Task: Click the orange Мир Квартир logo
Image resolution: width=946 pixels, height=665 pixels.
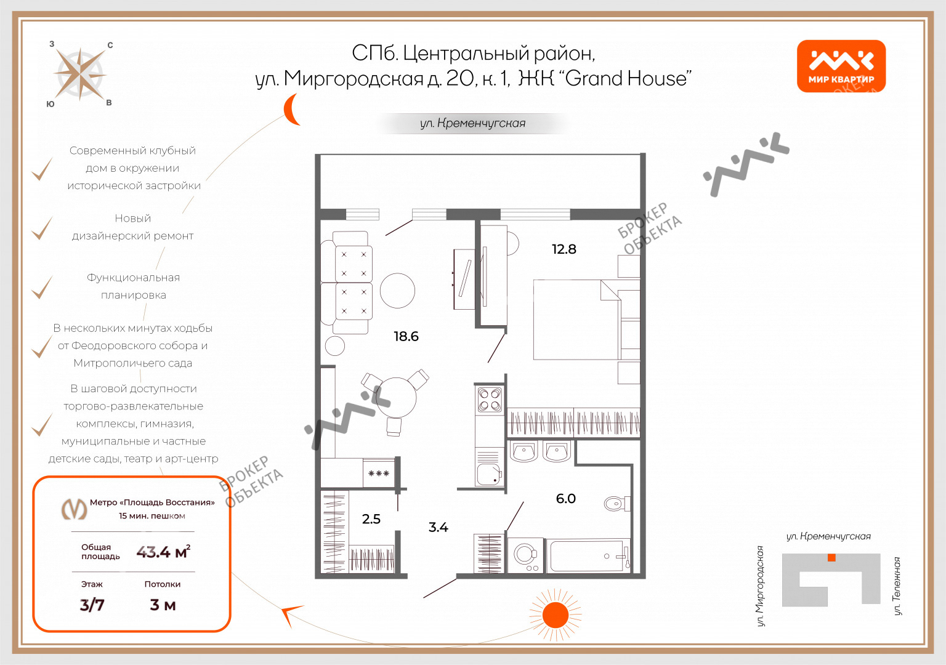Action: (x=841, y=66)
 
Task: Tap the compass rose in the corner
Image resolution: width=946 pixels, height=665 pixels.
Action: (x=80, y=75)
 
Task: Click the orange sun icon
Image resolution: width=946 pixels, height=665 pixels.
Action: (x=556, y=615)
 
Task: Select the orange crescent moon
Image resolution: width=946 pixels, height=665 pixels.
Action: (x=291, y=110)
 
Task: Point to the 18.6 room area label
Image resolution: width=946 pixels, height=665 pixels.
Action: (x=406, y=336)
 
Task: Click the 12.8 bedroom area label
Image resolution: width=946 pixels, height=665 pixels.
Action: (x=564, y=249)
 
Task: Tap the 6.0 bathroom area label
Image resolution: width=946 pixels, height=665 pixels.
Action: (x=565, y=499)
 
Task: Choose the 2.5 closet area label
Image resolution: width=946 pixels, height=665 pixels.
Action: (x=371, y=519)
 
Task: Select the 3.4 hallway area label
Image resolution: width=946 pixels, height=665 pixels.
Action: (x=438, y=527)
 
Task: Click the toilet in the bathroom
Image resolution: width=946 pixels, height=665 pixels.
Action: (x=617, y=503)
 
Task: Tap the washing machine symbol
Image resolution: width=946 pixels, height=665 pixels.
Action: (x=525, y=555)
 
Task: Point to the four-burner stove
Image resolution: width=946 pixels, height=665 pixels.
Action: (x=490, y=400)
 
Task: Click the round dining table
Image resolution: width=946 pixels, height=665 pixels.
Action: (x=396, y=397)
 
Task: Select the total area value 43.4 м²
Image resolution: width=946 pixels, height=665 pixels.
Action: (x=163, y=552)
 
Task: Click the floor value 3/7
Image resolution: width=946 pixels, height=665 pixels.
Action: (x=92, y=605)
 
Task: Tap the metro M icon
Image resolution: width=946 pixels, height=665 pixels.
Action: (x=75, y=509)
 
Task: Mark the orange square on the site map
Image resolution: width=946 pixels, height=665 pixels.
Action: (x=831, y=558)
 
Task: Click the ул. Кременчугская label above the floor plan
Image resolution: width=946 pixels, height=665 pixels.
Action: (x=472, y=123)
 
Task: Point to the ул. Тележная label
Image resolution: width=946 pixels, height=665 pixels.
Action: (x=897, y=586)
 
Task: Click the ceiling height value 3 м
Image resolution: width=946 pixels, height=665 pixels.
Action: (x=163, y=605)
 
